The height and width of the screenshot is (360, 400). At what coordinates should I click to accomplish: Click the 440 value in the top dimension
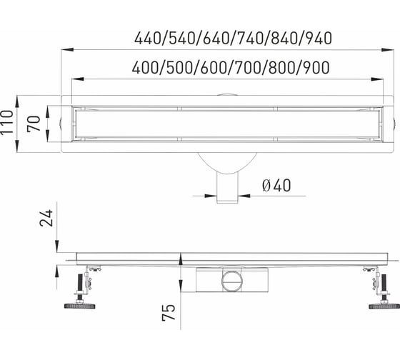tap(148, 39)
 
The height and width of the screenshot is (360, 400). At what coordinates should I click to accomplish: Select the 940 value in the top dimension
tap(319, 39)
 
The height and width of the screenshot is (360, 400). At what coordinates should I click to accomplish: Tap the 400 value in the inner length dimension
tap(145, 68)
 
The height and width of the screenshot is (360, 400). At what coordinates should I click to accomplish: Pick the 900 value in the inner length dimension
tap(316, 68)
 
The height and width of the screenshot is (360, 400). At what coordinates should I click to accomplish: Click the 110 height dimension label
tap(7, 122)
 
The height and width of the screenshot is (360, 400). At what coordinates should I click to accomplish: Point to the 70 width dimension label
tap(34, 124)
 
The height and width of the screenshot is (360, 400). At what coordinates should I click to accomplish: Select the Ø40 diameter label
tap(276, 185)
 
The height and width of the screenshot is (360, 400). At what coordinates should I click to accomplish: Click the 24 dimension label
tap(46, 218)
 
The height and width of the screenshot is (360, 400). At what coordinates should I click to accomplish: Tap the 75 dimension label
tap(169, 312)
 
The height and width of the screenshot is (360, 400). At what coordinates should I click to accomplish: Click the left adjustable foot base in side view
tap(79, 306)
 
